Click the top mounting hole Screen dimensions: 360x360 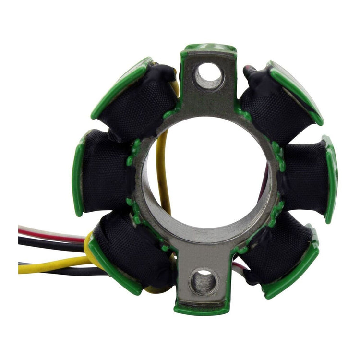pos(209,76)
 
